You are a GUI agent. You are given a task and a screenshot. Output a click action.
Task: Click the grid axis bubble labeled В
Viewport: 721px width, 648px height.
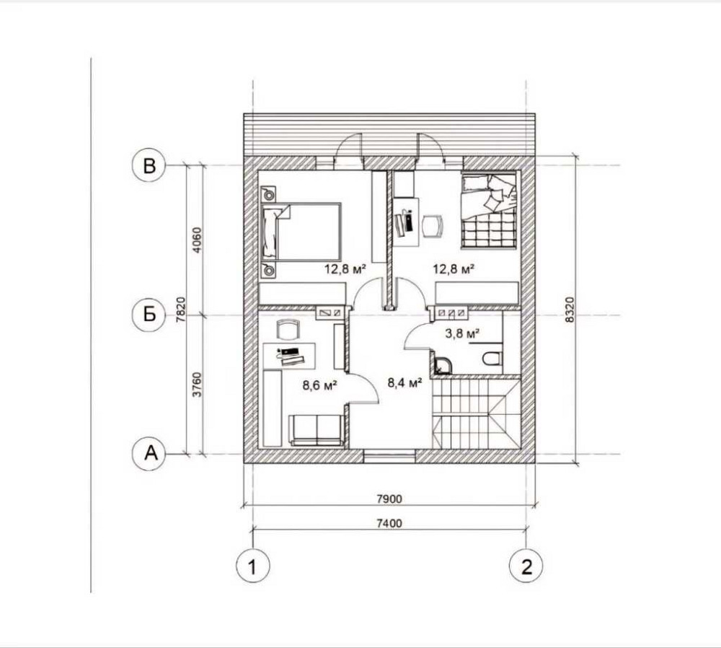coord(149,166)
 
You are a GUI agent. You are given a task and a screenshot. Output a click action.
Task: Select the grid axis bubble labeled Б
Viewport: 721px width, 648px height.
coord(149,315)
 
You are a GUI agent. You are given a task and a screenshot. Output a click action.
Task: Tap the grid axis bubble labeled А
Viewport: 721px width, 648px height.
coord(149,453)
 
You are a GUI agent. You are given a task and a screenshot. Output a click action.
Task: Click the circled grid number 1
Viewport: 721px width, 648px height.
coord(253,566)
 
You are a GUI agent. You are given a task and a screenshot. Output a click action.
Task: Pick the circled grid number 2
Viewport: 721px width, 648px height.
coord(526,566)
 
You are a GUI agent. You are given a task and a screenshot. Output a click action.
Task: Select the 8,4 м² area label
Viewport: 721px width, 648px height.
coord(404,383)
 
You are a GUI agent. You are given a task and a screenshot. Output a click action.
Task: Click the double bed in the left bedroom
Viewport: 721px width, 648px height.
coord(301,232)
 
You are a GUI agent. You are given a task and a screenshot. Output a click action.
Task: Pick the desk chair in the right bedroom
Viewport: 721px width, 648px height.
coord(433,225)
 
